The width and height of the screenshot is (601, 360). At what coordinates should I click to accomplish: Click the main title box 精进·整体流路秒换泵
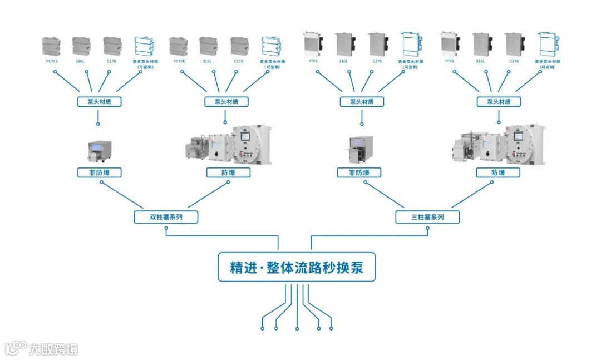point(297,267)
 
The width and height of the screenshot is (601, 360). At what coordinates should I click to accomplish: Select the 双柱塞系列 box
point(166,217)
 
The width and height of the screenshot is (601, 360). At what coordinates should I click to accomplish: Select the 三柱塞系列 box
point(427,217)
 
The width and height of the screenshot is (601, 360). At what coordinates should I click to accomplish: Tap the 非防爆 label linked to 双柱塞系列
point(99,172)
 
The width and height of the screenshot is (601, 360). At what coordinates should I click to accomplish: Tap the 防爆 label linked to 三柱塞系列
point(498,172)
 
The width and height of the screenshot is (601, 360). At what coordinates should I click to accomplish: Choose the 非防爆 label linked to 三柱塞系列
point(359,172)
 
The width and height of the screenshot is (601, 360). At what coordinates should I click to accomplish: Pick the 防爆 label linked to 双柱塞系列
point(228,172)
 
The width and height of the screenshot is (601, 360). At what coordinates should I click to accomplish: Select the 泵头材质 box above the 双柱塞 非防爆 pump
point(98,102)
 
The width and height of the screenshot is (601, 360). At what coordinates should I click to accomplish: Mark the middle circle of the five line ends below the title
point(297,329)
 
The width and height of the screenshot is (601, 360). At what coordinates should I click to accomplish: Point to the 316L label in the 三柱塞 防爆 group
point(480,61)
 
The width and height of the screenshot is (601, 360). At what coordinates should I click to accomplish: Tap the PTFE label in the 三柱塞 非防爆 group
point(313,61)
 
